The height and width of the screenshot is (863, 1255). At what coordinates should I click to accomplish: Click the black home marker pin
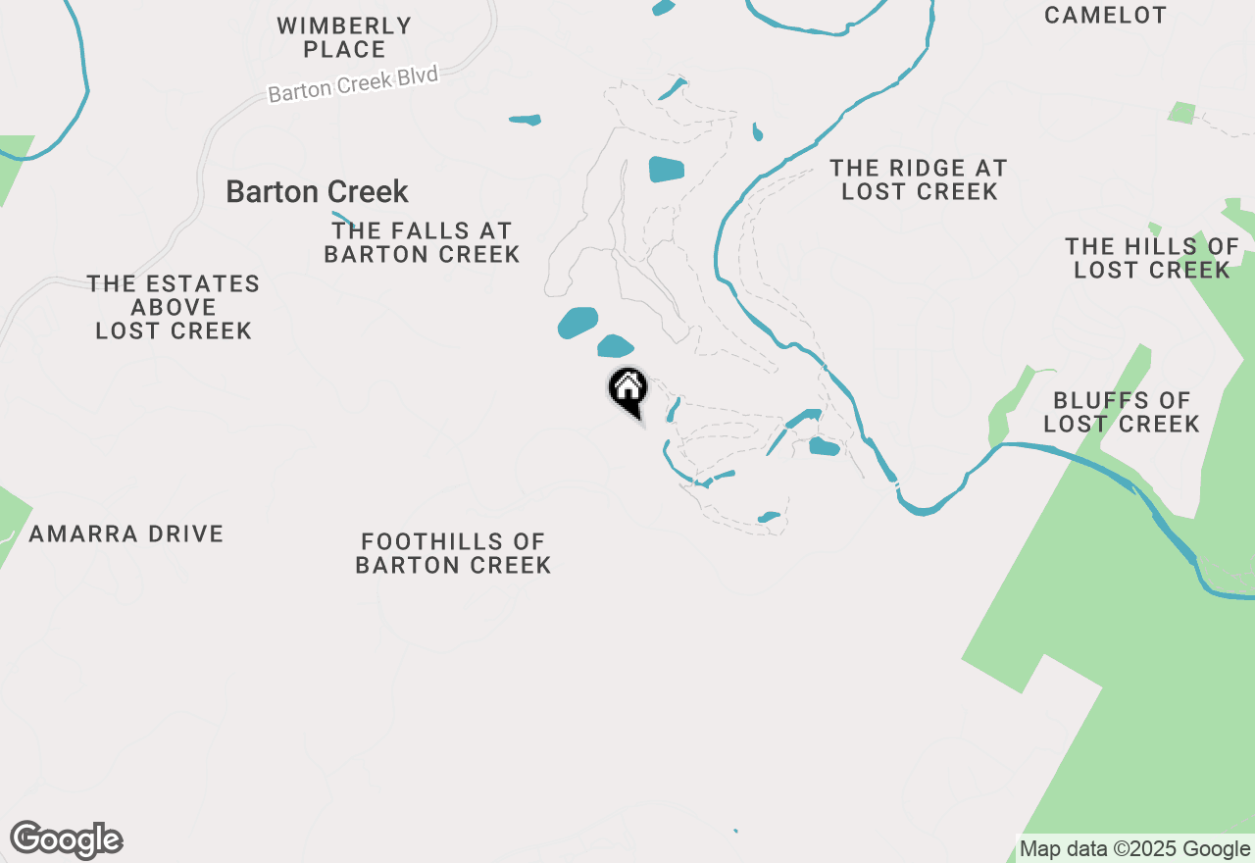[628, 389]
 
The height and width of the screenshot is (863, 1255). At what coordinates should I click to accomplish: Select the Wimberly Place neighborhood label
[344, 37]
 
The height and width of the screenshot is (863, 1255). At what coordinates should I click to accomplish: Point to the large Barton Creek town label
[317, 191]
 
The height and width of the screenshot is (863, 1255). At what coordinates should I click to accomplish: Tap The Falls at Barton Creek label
[422, 242]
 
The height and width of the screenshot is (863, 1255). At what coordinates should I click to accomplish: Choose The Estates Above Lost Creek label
[174, 307]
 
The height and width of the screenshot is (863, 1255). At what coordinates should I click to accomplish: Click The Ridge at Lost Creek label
[919, 179]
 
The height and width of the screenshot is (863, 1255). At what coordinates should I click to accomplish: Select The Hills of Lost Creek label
[1152, 258]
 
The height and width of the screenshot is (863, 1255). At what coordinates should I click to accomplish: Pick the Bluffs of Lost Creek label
[1121, 412]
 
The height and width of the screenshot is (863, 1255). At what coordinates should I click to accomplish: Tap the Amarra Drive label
[126, 534]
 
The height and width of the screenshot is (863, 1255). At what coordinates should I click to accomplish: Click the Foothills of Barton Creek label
[453, 553]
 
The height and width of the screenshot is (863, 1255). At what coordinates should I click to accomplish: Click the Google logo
[66, 840]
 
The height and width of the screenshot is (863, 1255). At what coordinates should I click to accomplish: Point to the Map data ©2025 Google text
[1134, 849]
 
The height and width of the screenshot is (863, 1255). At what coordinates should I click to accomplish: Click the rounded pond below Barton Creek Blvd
[666, 169]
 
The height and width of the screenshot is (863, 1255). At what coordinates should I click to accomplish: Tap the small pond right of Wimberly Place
[526, 121]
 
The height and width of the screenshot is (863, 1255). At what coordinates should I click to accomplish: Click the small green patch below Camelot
[1181, 112]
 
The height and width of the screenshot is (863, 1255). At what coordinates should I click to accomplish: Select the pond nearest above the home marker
[615, 346]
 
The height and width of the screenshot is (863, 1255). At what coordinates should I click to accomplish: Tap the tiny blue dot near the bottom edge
[735, 832]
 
